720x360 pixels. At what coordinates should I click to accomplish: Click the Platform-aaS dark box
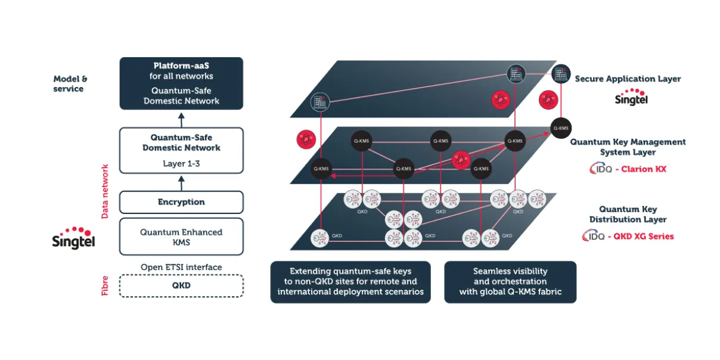click(181, 83)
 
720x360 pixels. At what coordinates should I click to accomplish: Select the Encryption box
click(181, 202)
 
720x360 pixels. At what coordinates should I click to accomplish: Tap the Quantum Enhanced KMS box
click(181, 237)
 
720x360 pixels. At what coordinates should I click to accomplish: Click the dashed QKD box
click(181, 285)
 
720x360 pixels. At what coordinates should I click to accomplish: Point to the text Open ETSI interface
click(181, 267)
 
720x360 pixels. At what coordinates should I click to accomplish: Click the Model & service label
click(70, 84)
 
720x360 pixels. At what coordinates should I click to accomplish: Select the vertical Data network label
click(105, 191)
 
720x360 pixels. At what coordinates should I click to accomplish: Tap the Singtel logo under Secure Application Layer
click(631, 97)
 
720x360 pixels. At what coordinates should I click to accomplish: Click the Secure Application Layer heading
click(627, 79)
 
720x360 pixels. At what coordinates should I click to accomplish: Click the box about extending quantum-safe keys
click(350, 281)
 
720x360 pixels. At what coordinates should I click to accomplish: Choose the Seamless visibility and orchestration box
click(510, 281)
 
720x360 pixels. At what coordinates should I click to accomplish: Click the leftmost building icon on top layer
click(320, 102)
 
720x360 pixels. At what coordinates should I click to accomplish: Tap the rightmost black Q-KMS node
click(561, 128)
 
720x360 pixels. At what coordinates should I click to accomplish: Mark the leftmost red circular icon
click(305, 140)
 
